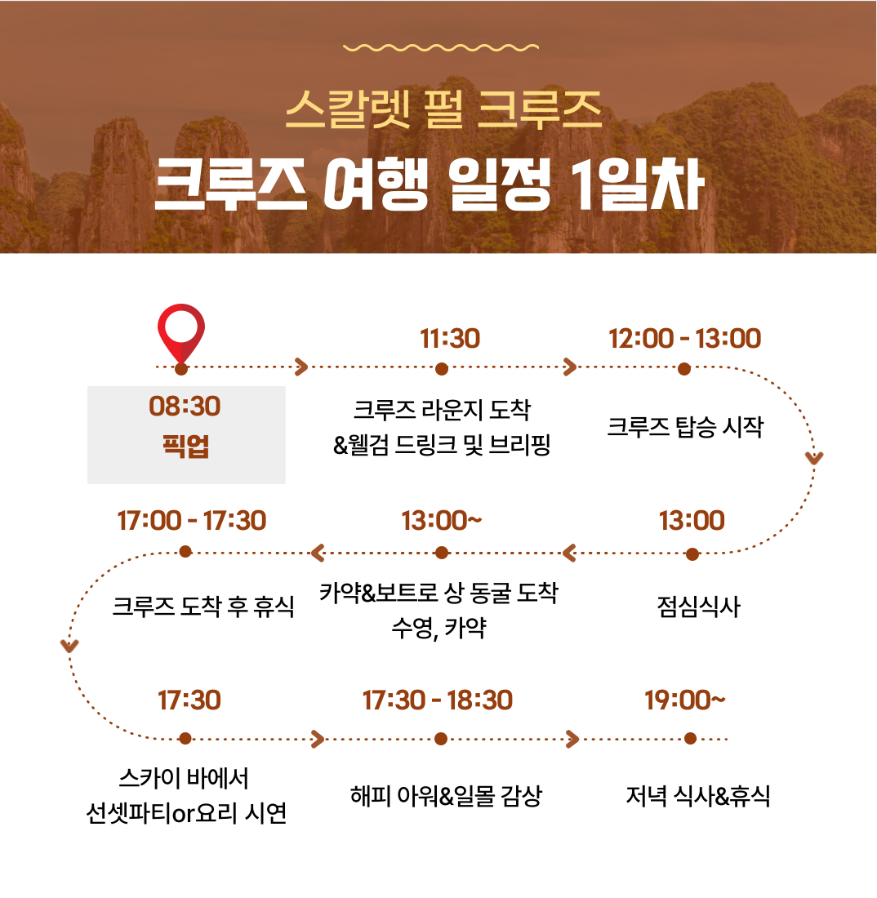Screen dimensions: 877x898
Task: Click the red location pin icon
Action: click(x=181, y=333)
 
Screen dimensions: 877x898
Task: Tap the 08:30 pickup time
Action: click(x=185, y=406)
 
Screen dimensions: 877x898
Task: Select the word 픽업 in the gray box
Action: click(x=185, y=446)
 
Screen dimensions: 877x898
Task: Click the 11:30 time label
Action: click(x=450, y=339)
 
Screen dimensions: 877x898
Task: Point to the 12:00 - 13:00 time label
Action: click(x=684, y=339)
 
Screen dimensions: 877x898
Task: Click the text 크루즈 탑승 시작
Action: click(x=685, y=427)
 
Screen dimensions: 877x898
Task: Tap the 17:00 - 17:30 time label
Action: click(x=191, y=521)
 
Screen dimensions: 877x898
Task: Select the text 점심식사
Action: click(x=698, y=607)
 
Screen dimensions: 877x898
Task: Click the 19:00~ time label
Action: click(x=684, y=700)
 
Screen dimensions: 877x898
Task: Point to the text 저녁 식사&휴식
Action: click(x=697, y=795)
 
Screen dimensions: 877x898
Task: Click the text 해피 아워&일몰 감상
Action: click(x=446, y=795)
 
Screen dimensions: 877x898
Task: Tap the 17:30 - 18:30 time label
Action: click(x=437, y=700)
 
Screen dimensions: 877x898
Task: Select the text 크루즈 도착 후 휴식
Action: click(x=203, y=607)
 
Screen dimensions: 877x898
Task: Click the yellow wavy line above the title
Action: click(x=440, y=47)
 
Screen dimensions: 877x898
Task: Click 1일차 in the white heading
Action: click(x=638, y=184)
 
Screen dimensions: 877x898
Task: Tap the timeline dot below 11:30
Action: click(x=441, y=369)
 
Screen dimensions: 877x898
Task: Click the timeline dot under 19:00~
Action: click(x=690, y=739)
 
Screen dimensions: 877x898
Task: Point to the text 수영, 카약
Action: click(x=438, y=629)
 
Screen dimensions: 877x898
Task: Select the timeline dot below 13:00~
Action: click(x=441, y=553)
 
